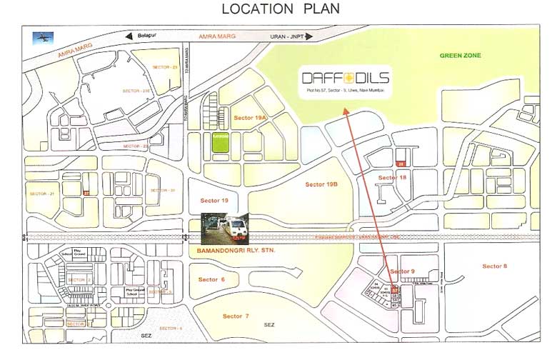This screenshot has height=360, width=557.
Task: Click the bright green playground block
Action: (219, 141)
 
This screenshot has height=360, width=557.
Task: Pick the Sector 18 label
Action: (392, 177)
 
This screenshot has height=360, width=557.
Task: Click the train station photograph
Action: (224, 229)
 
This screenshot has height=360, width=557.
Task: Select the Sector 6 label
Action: (212, 279)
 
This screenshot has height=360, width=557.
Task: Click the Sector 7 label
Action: (236, 316)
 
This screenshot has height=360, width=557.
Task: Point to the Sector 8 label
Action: (494, 266)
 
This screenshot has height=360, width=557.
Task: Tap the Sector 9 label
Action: (402, 271)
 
